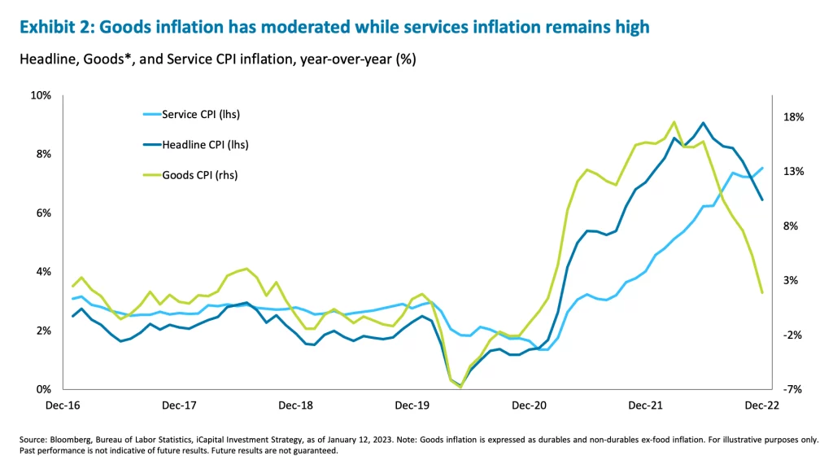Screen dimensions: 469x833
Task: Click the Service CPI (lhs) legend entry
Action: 201,115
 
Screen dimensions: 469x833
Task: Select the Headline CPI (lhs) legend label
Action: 204,145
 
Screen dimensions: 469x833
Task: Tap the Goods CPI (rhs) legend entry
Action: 200,175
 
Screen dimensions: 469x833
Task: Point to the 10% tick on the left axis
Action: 40,95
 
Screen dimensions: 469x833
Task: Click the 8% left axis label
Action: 42,154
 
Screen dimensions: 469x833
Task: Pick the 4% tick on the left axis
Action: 42,272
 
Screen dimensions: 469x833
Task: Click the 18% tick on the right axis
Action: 794,117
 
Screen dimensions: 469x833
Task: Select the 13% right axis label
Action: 794,172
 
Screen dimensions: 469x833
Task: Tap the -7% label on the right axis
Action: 794,390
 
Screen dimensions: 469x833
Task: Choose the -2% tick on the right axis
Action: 794,335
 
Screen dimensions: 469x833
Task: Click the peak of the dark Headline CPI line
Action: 703,123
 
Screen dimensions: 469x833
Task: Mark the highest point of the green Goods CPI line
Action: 674,122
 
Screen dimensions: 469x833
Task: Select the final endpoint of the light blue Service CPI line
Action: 762,169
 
